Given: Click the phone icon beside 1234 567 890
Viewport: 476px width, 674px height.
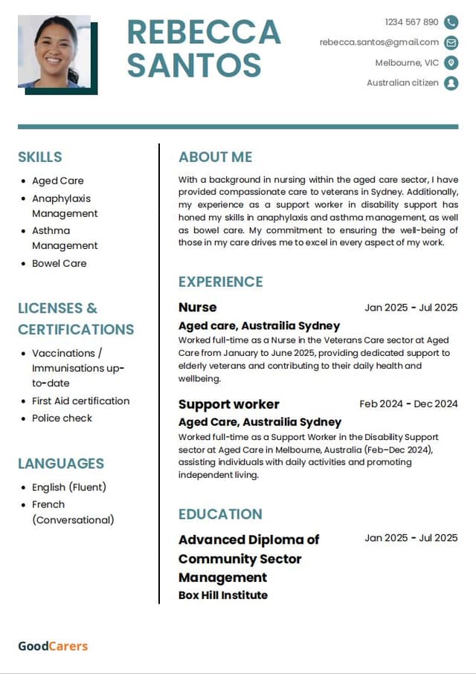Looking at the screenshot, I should (x=451, y=22).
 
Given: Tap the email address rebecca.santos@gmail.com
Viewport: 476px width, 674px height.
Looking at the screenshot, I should (x=379, y=42).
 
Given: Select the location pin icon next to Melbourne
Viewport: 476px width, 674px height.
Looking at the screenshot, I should (x=451, y=62).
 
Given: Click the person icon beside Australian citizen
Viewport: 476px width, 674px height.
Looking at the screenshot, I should (x=451, y=83).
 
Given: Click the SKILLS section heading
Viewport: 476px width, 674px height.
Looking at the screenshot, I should (x=40, y=157).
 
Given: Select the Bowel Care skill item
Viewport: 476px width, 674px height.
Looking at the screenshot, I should (x=59, y=263).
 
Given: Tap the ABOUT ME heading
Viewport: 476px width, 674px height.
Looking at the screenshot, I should (x=215, y=157).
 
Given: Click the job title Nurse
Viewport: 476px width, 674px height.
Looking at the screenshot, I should (x=198, y=307).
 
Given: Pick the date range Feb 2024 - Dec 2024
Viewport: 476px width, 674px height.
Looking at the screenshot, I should (x=408, y=404).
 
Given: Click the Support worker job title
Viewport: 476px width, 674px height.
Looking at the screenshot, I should (x=229, y=404).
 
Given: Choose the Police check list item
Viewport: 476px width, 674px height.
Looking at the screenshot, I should (x=62, y=418).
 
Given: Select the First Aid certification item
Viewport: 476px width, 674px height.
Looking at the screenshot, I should (x=80, y=401).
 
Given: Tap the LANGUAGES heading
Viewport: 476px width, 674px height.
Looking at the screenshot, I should (x=61, y=464).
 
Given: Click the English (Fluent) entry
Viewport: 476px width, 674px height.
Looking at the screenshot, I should (x=69, y=487).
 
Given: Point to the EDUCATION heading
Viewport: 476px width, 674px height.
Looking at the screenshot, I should (x=220, y=514).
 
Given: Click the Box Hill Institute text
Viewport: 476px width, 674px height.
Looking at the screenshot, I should (x=223, y=595).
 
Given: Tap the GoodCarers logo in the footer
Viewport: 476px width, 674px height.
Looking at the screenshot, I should (x=53, y=646).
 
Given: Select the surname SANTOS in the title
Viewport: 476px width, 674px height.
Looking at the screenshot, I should (x=194, y=65).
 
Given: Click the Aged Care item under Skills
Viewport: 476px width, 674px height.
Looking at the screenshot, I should (x=57, y=181).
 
